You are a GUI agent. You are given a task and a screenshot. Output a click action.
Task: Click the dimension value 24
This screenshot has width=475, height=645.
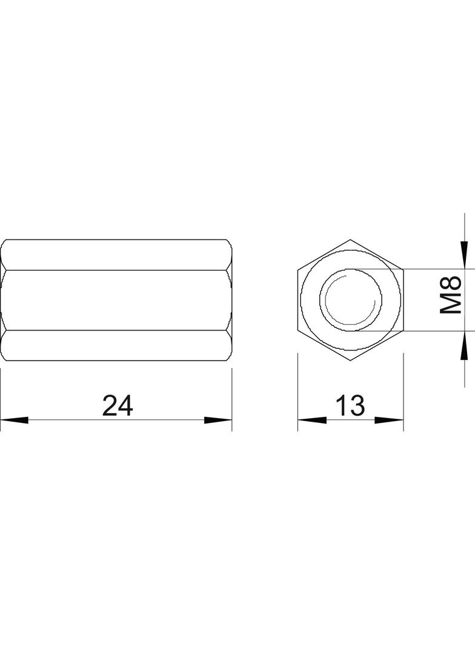[117, 405]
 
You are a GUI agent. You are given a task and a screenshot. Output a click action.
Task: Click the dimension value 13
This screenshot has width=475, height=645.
[350, 405]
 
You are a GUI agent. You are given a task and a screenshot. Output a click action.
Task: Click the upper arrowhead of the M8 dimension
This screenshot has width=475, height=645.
[464, 255]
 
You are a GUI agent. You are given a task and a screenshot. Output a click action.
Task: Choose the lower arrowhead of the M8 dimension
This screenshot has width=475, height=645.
[464, 344]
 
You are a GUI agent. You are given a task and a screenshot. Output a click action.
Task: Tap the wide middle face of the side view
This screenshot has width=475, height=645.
[116, 300]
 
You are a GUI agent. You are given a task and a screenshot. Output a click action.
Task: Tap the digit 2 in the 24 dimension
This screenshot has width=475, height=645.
[110, 405]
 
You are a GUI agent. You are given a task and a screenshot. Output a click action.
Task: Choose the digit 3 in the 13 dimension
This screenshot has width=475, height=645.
[357, 405]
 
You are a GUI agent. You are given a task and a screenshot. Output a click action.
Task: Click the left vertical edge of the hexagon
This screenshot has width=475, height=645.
[298, 300]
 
